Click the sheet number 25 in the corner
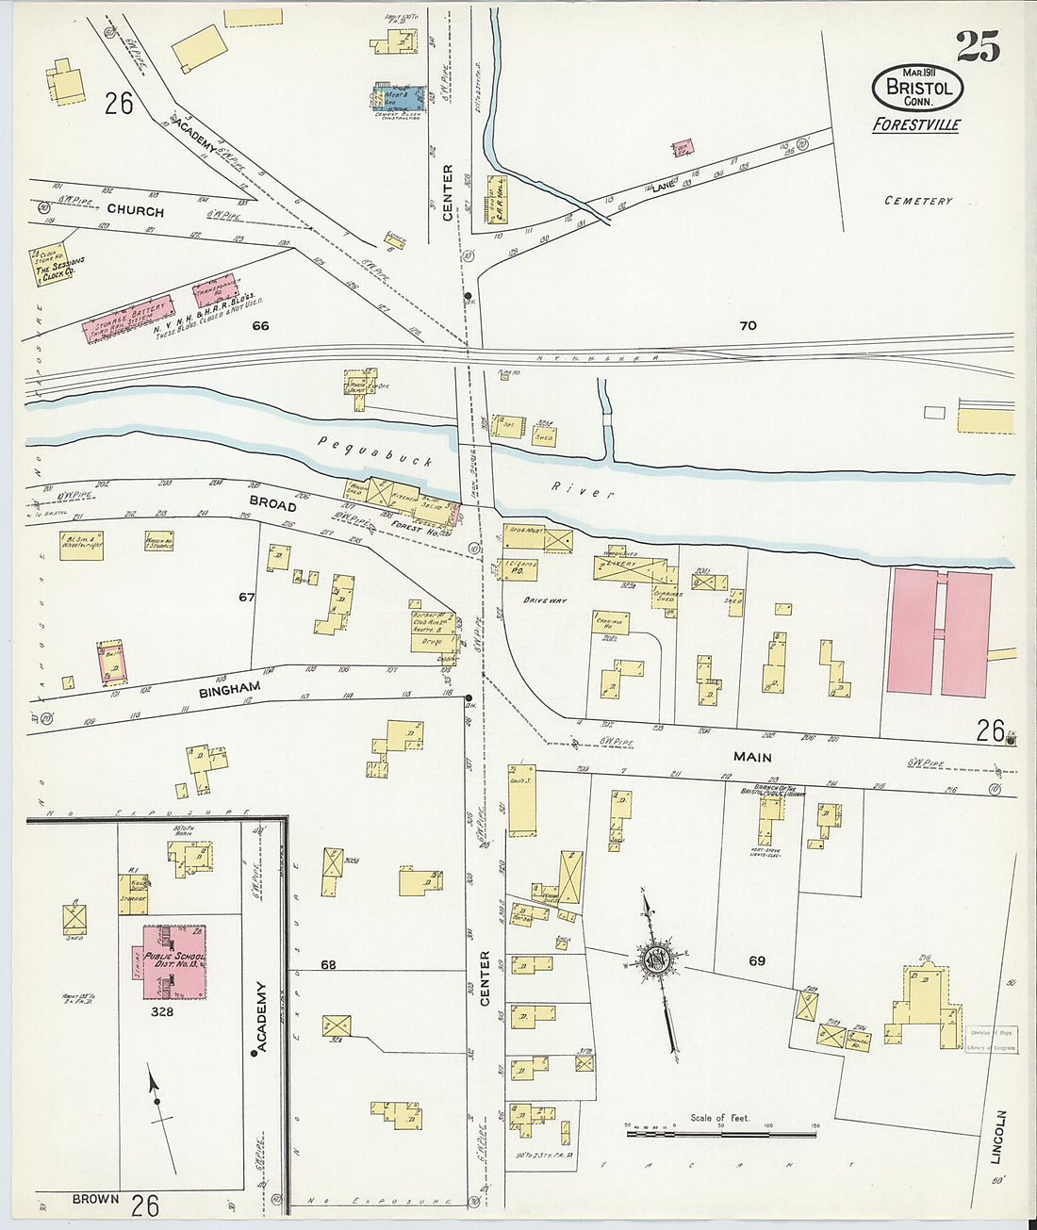coord(978,46)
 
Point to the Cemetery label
coord(918,201)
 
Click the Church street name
coord(135,211)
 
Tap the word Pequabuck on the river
coord(375,451)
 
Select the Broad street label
coord(272,505)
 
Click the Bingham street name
coord(229,690)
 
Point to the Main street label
coord(752,757)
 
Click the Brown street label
coord(95,1199)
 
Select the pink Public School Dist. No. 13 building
coord(173,962)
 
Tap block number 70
coord(748,326)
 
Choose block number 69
coord(757,961)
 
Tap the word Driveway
coord(545,599)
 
